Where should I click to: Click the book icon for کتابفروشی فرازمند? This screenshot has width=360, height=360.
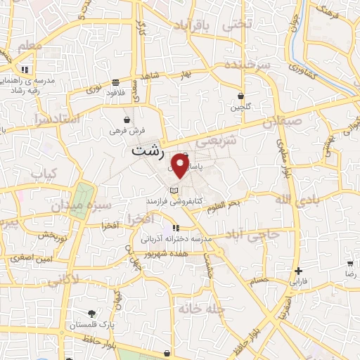174,191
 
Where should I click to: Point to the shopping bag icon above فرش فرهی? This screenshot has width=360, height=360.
127,120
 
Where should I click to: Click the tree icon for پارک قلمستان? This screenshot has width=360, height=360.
91,314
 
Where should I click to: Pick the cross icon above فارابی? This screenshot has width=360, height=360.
299,271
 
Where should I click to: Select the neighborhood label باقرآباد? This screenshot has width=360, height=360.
191,26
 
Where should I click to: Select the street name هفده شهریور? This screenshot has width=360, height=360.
184,252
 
